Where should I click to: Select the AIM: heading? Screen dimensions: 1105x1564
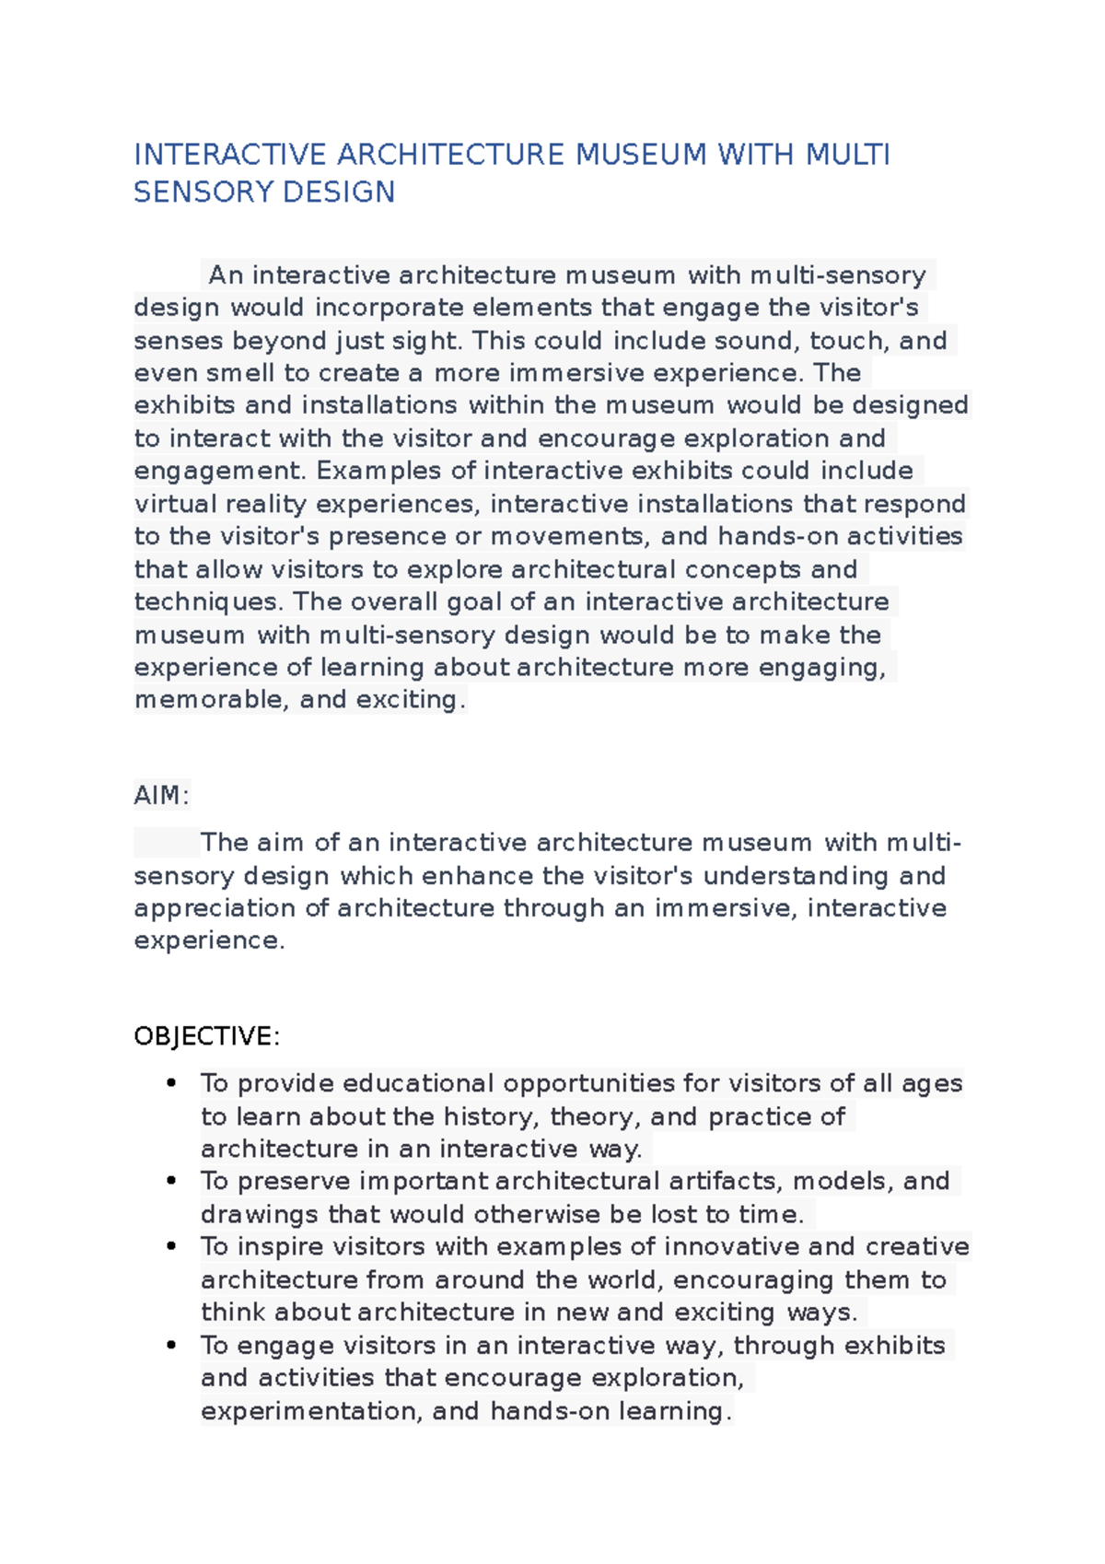tap(161, 795)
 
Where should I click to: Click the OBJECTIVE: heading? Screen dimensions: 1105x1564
tap(206, 1036)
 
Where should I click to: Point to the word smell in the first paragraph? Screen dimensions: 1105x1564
tap(239, 373)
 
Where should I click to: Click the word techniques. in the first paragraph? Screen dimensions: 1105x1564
tap(209, 602)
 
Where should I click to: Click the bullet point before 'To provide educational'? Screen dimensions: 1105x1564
tap(171, 1083)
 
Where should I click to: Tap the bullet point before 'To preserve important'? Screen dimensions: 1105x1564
tap(171, 1181)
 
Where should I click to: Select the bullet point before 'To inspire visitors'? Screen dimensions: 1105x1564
tap(171, 1246)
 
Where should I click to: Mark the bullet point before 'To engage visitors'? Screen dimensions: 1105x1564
tap(171, 1345)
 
